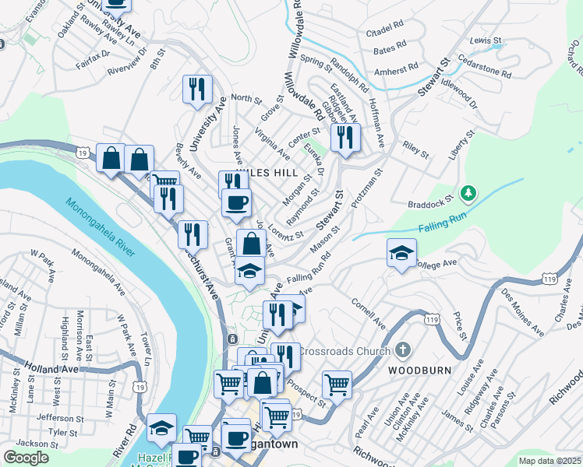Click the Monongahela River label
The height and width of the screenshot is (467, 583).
pos(101,230)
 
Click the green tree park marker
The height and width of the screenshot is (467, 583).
pos(468,191)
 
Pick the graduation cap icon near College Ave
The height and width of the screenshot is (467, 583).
pos(401,253)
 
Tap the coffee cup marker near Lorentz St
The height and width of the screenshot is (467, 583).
pos(236,203)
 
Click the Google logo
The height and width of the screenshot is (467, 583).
pos(26,458)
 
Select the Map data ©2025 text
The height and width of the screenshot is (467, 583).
pos(549,461)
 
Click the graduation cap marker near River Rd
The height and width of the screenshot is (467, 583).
pos(161,427)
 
